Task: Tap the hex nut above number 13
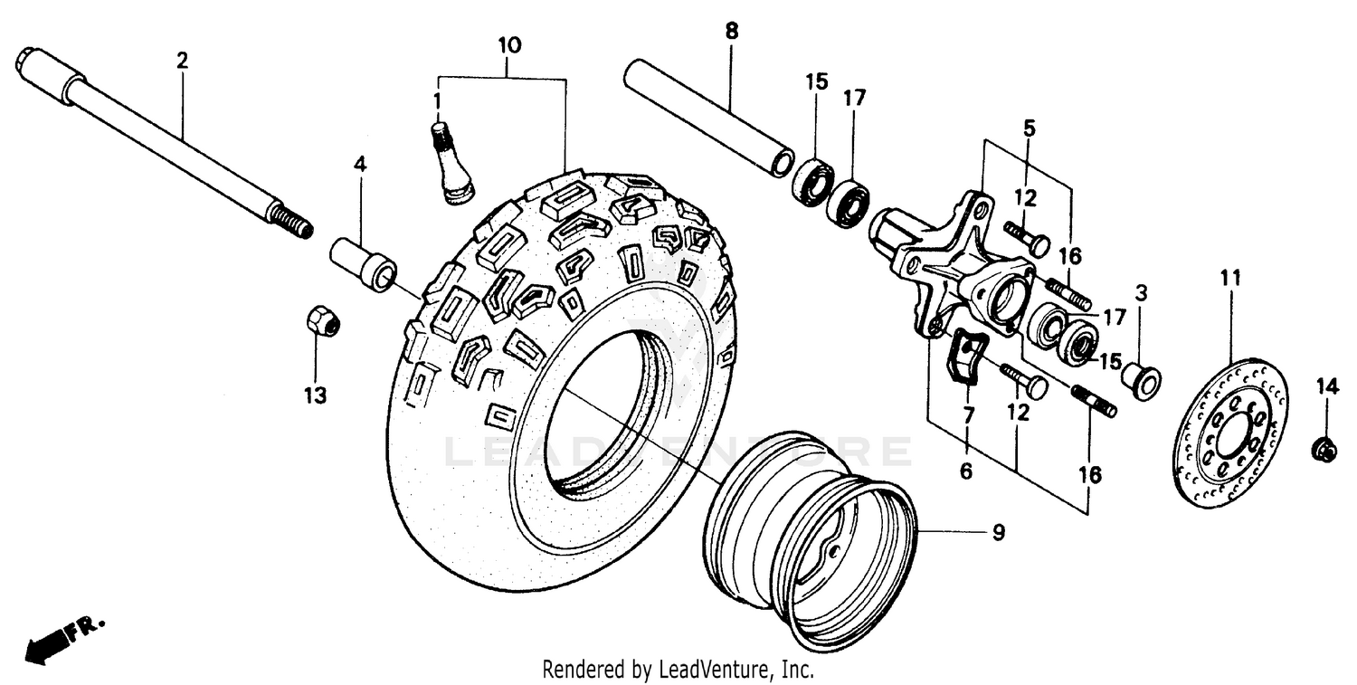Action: click(322, 320)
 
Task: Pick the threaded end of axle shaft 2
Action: click(290, 223)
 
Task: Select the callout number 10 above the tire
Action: click(508, 44)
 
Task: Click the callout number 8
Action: click(731, 31)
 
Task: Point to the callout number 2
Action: click(182, 62)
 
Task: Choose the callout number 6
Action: click(966, 471)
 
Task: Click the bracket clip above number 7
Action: click(965, 357)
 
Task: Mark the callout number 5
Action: click(1029, 128)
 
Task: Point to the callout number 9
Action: click(998, 533)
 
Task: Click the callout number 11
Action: click(1230, 278)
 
